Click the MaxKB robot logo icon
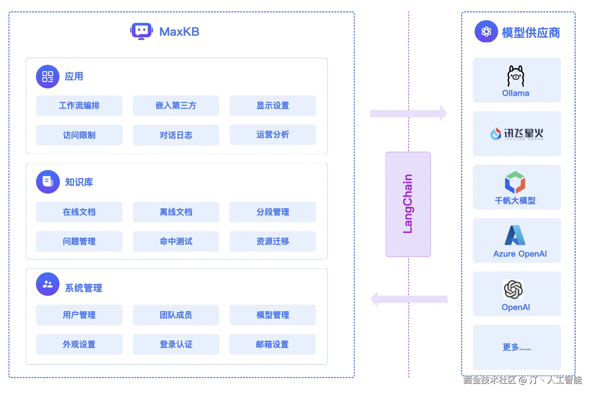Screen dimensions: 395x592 (141, 32)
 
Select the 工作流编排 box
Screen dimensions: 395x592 (79, 105)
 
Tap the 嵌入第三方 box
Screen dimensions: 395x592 (176, 105)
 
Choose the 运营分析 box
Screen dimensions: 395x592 (273, 134)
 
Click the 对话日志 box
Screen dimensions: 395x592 (176, 135)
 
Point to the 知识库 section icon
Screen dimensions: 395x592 (48, 182)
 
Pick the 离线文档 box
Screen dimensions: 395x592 (176, 212)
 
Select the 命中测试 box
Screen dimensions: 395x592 (176, 241)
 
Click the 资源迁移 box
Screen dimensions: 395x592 (273, 241)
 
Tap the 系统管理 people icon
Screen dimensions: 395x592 (48, 284)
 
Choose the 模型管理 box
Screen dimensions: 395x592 (273, 315)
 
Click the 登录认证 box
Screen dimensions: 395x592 (176, 344)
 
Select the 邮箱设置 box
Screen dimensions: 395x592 (272, 344)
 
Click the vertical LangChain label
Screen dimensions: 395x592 (408, 204)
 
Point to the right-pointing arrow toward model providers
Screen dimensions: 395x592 (408, 113)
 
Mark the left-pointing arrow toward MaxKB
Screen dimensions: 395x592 (408, 299)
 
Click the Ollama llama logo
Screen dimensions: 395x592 (516, 76)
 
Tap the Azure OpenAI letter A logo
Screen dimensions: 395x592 (515, 235)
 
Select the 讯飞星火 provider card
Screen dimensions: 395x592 (517, 134)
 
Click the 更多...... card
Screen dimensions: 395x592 (517, 347)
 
